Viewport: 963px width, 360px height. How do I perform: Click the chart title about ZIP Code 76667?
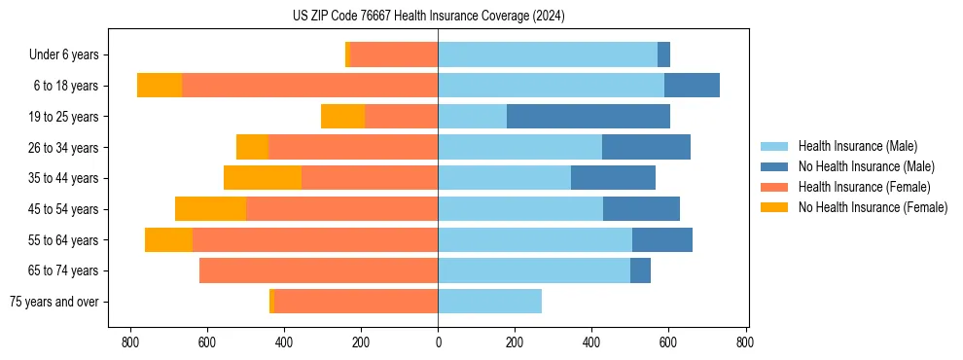[x=428, y=17]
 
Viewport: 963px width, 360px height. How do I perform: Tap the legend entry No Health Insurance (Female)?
[x=873, y=207]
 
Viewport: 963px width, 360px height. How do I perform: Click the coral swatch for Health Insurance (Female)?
[x=774, y=187]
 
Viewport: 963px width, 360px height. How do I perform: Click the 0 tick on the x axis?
[x=438, y=342]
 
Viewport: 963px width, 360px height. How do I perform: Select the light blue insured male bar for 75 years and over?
[x=490, y=302]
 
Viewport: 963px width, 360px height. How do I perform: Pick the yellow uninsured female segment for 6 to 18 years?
[x=160, y=86]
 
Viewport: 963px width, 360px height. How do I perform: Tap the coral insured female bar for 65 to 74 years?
[x=318, y=270]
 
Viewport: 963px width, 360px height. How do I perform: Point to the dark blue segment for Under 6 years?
[x=664, y=55]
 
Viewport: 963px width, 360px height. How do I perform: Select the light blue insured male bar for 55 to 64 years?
[x=535, y=239]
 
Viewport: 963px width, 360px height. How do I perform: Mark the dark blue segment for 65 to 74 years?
[x=640, y=270]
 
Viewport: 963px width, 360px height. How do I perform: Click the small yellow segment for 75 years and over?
[x=271, y=302]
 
